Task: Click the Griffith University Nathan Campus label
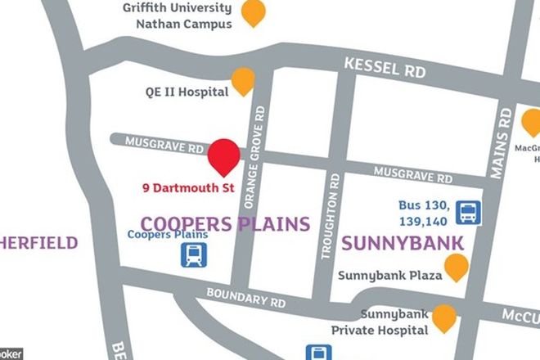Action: click(177, 16)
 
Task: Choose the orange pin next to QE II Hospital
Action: click(244, 80)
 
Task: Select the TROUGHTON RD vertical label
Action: click(334, 214)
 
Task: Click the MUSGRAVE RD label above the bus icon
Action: click(412, 174)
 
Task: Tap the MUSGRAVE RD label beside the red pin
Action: click(164, 146)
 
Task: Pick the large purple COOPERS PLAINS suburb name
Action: click(226, 223)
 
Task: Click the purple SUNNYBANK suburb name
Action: click(403, 243)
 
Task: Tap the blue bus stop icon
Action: click(468, 213)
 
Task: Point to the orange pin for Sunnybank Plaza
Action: click(456, 266)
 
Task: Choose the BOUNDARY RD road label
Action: click(245, 296)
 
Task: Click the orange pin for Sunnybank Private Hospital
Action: click(444, 317)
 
